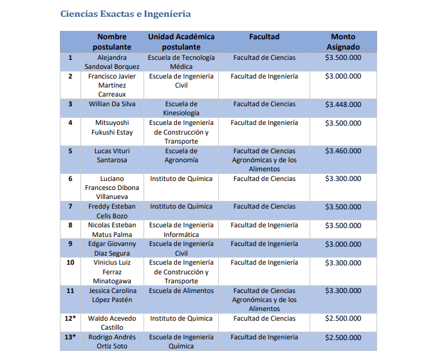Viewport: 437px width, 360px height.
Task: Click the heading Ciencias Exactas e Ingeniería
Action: (125, 14)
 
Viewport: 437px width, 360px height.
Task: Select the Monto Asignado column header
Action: (343, 42)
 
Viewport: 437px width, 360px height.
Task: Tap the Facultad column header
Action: (265, 37)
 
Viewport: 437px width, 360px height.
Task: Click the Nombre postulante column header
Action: (112, 42)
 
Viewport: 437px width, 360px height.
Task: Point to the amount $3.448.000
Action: (343, 104)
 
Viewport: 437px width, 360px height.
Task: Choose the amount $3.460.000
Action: (343, 151)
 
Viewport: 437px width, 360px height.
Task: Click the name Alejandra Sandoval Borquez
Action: (112, 62)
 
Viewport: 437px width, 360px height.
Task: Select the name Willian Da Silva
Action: (112, 104)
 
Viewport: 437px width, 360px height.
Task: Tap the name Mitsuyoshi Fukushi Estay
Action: (112, 128)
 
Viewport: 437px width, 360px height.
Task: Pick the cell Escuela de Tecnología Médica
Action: (181, 62)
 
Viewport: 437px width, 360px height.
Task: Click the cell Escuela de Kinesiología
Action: (181, 108)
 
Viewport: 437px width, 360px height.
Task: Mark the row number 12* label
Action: (70, 318)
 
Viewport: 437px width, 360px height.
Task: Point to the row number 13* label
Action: (70, 337)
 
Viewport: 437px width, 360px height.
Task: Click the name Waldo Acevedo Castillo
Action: (112, 323)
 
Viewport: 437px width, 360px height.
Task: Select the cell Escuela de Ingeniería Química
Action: (181, 341)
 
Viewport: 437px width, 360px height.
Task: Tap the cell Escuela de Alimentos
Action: (181, 290)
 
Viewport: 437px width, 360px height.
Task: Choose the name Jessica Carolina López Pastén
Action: (112, 295)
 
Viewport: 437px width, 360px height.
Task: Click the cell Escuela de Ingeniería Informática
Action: (181, 230)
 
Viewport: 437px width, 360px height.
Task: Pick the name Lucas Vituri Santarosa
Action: (112, 155)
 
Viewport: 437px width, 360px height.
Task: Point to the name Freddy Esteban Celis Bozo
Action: (112, 211)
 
